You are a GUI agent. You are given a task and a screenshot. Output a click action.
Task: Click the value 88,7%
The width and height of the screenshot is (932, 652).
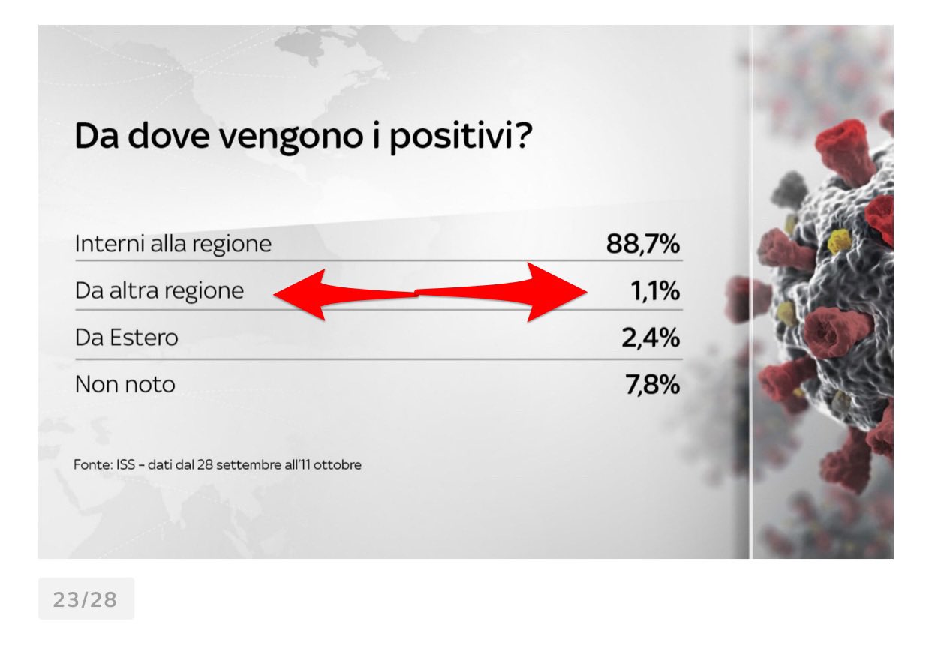pyautogui.click(x=643, y=244)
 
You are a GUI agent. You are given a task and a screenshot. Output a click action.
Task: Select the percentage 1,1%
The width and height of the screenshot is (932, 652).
pyautogui.click(x=655, y=291)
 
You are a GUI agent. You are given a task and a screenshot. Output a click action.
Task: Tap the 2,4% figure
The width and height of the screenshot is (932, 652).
pyautogui.click(x=651, y=338)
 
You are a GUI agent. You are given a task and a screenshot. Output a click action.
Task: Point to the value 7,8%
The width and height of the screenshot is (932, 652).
pyautogui.click(x=652, y=385)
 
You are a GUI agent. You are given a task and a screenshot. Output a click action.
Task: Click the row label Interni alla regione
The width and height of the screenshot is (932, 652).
pyautogui.click(x=173, y=244)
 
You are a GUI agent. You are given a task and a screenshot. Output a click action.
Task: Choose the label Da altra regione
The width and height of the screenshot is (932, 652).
pyautogui.click(x=159, y=291)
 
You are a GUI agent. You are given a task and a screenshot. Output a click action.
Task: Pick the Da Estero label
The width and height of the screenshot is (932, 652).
pyautogui.click(x=127, y=338)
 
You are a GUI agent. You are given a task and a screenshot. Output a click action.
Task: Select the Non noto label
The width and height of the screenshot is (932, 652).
pyautogui.click(x=125, y=384)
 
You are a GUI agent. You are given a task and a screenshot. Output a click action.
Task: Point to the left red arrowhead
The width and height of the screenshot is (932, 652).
pyautogui.click(x=299, y=295)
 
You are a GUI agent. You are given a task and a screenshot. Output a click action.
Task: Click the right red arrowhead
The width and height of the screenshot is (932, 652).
pyautogui.click(x=557, y=292)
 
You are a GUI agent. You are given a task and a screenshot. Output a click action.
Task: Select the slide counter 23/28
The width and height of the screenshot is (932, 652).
pyautogui.click(x=86, y=599)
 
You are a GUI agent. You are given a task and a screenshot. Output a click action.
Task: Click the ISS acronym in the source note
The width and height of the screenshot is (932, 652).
pyautogui.click(x=125, y=464)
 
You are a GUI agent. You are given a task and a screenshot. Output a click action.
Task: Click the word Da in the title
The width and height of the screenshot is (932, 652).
pyautogui.click(x=97, y=136)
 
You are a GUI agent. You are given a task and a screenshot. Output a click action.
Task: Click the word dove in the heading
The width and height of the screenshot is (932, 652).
pyautogui.click(x=169, y=135)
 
